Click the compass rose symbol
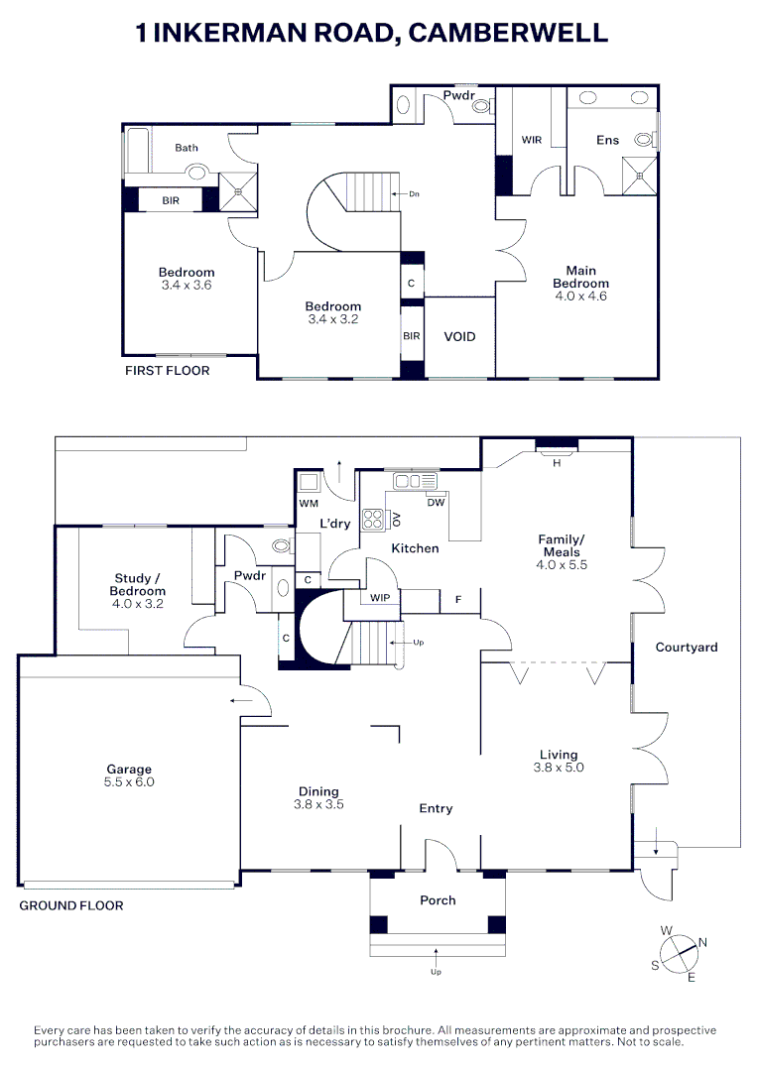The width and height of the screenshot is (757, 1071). click(x=680, y=953)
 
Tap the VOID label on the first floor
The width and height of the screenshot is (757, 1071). click(x=459, y=337)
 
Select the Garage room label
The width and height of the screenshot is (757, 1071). click(x=130, y=769)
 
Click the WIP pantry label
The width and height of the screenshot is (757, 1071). click(x=379, y=598)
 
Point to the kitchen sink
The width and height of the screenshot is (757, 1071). click(x=415, y=481)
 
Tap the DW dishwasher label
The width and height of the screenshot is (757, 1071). click(x=436, y=503)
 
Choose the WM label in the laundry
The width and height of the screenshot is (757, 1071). click(x=309, y=505)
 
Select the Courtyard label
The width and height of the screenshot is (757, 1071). click(x=687, y=648)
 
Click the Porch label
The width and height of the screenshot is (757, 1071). click(x=438, y=900)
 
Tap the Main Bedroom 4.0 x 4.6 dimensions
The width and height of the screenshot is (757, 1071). click(x=580, y=296)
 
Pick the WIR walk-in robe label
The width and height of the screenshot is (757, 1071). click(x=532, y=140)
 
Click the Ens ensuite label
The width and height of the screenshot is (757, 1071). click(x=607, y=140)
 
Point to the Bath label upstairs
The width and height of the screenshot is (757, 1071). click(x=187, y=148)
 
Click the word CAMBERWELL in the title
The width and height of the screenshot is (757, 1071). click(x=508, y=33)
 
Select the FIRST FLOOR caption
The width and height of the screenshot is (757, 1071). click(x=167, y=371)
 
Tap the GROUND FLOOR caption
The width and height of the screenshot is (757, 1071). click(x=71, y=905)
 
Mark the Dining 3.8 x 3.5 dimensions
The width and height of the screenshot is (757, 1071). click(x=318, y=805)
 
